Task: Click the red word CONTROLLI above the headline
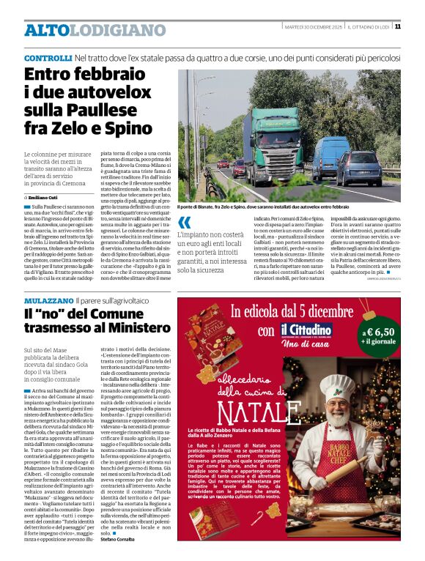(x=47, y=57)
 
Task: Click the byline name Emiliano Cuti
(x=46, y=198)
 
